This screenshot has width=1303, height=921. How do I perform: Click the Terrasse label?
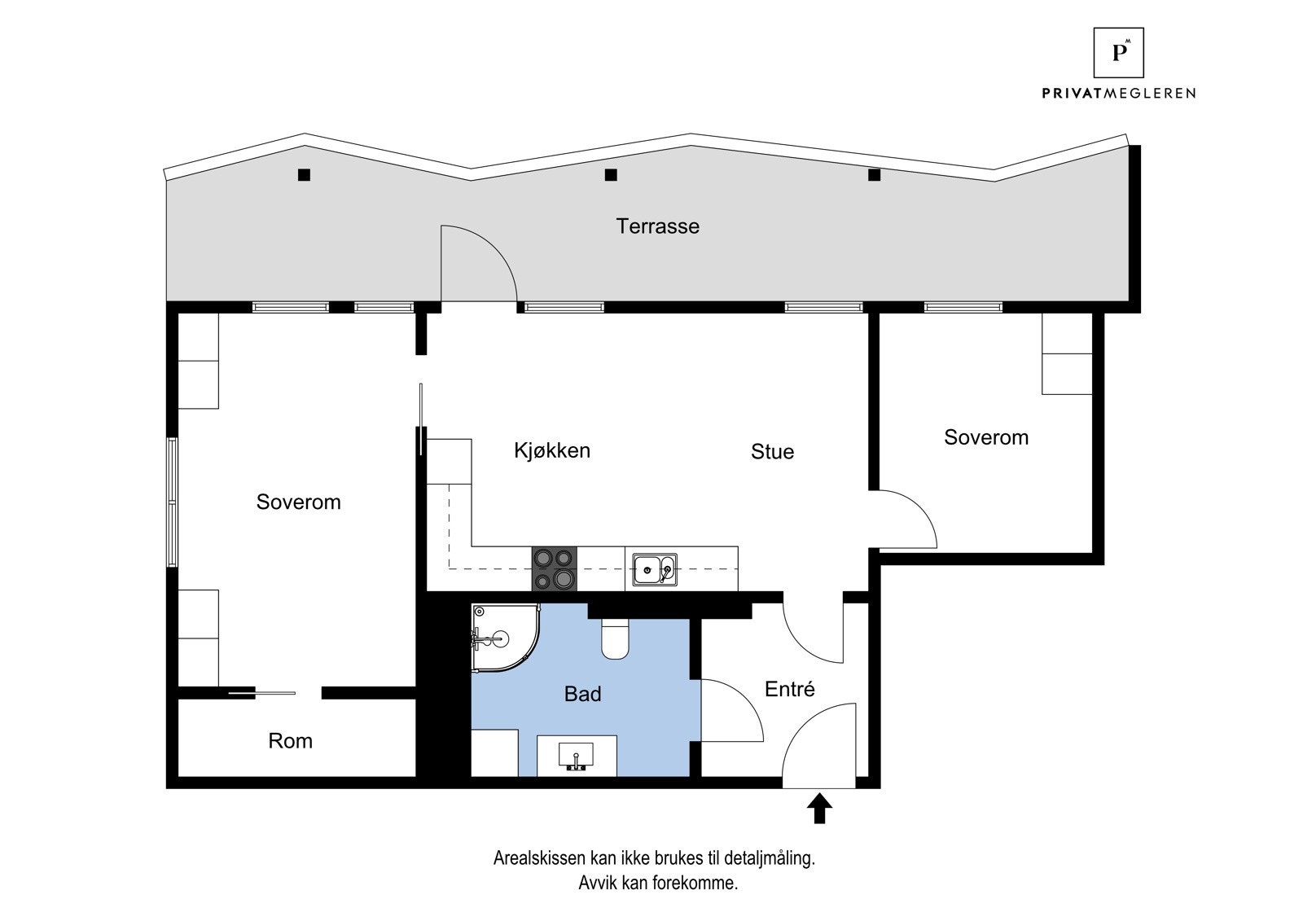pos(657,226)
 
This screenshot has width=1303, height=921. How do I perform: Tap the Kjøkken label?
pos(551,450)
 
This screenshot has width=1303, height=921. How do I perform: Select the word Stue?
pos(772,452)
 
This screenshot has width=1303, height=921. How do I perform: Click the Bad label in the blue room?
pos(582,694)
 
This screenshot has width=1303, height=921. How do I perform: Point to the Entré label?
pos(789,689)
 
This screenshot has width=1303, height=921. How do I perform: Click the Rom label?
pos(290,741)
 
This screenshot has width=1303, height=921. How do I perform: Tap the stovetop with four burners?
pos(554,568)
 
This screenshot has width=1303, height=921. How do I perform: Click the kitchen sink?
pos(654,569)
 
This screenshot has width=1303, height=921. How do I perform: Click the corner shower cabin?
pos(501,638)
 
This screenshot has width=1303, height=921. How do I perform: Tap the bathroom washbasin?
pos(576,756)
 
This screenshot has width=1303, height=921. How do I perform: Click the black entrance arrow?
pos(819,809)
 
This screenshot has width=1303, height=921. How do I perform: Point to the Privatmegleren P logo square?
pos(1119,53)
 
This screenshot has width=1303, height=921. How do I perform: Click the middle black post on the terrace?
pos(611,174)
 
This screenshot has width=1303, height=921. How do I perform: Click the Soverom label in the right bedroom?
pos(985,437)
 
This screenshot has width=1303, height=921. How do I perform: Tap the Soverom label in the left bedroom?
pos(298,502)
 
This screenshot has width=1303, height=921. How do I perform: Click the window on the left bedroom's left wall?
pos(172,502)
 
